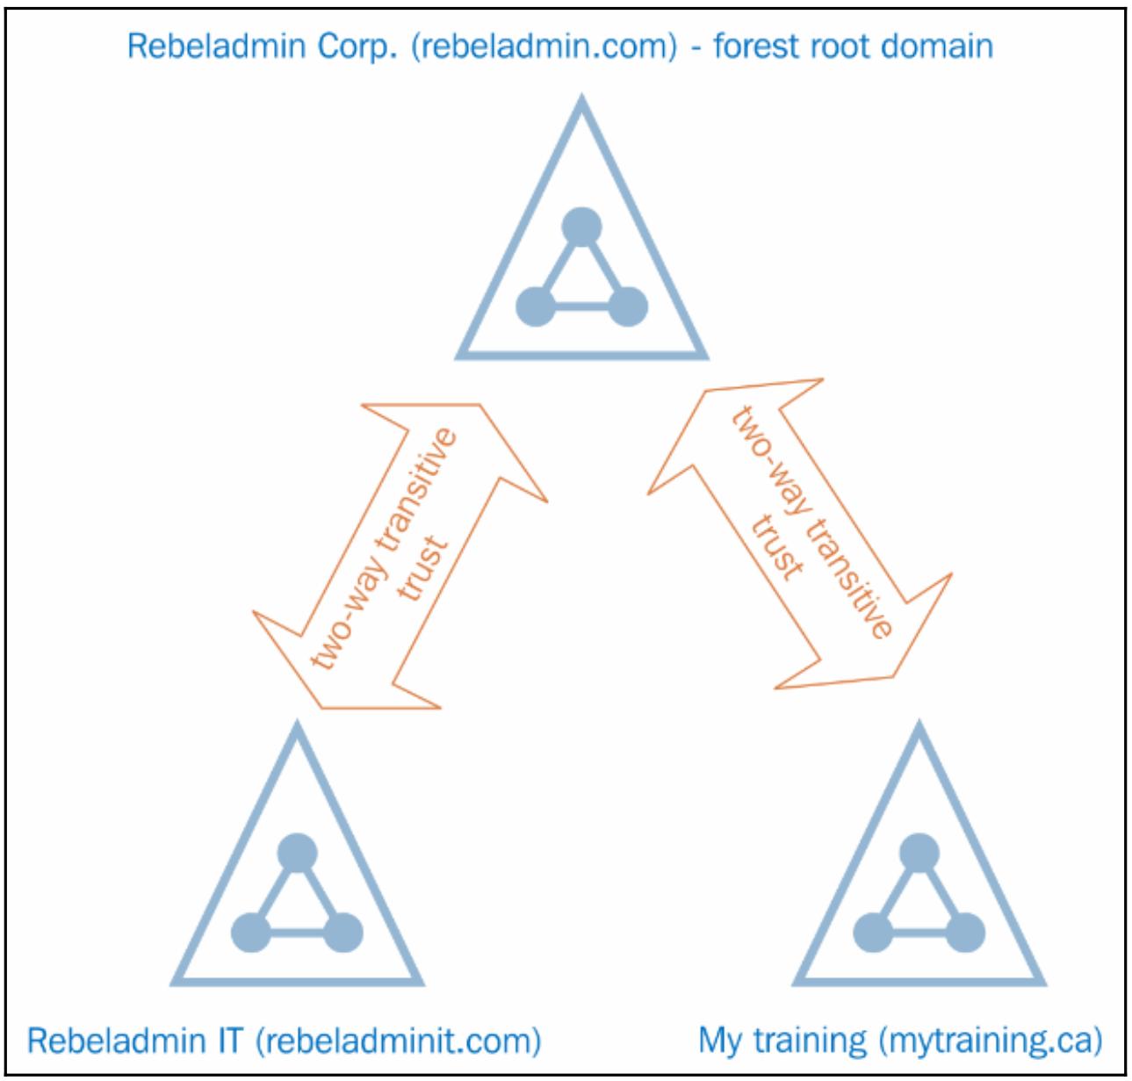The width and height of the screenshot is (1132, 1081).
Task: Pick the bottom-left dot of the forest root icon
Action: click(x=536, y=306)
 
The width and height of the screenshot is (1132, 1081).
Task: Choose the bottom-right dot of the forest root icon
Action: click(x=627, y=306)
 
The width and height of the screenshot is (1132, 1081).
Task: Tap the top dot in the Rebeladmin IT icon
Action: click(x=297, y=850)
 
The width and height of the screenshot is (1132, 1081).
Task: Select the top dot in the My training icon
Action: click(x=919, y=850)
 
